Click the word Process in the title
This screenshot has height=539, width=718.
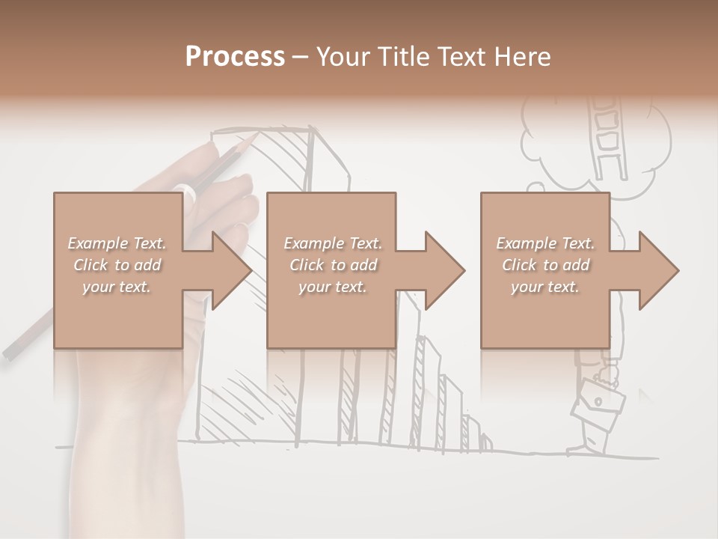235,57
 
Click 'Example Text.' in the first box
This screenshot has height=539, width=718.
117,243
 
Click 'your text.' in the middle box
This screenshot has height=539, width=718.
332,287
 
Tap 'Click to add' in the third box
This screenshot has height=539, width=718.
546,265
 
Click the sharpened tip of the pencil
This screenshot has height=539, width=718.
257,135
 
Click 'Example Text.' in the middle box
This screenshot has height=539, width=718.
332,243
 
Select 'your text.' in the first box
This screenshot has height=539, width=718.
117,287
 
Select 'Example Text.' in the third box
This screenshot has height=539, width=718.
545,243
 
